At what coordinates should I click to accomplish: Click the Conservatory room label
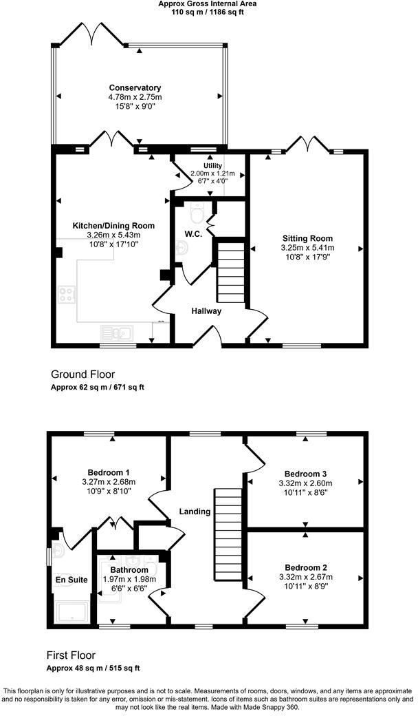click(135, 88)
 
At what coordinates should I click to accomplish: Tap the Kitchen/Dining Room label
click(114, 226)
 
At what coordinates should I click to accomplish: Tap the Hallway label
click(206, 311)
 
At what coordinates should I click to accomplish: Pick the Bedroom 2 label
click(306, 567)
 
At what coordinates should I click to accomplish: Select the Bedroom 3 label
click(306, 474)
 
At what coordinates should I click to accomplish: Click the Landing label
click(195, 512)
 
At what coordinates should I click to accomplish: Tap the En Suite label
click(71, 580)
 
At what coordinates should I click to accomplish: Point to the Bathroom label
click(129, 570)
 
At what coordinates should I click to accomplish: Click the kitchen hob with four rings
click(67, 295)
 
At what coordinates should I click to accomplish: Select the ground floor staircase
click(231, 271)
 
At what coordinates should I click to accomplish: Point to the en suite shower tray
click(71, 611)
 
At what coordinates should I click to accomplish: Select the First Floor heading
click(71, 655)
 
